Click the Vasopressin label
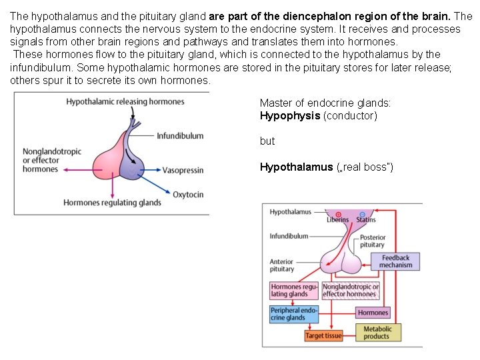183,171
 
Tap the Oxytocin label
188,195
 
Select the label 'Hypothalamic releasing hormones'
125,101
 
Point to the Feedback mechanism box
396,261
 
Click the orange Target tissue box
323,336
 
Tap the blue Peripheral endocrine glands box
293,314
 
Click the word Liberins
338,219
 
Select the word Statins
366,219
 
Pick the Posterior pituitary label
372,241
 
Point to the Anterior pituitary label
282,265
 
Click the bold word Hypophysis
290,116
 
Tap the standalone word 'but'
267,141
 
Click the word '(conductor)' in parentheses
350,116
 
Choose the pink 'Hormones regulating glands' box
294,291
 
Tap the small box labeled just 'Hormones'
373,313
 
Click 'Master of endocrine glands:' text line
325,103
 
